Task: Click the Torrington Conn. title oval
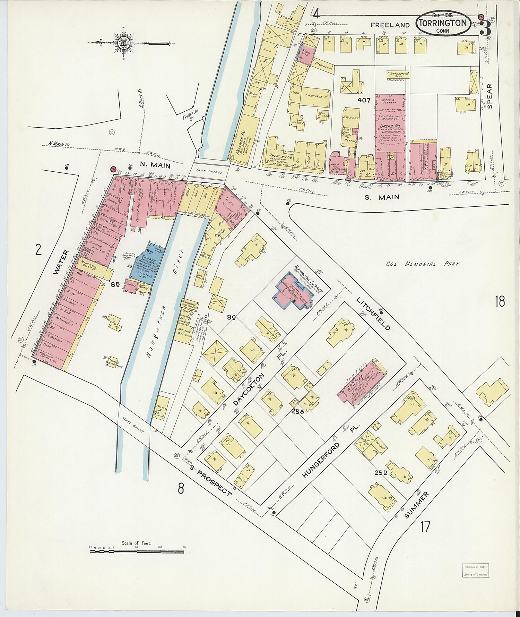443,23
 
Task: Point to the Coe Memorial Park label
423,264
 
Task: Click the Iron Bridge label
206,171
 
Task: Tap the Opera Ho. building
390,121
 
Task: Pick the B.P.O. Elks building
362,385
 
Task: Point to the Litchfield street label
373,314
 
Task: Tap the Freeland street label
390,25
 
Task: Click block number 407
364,100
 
